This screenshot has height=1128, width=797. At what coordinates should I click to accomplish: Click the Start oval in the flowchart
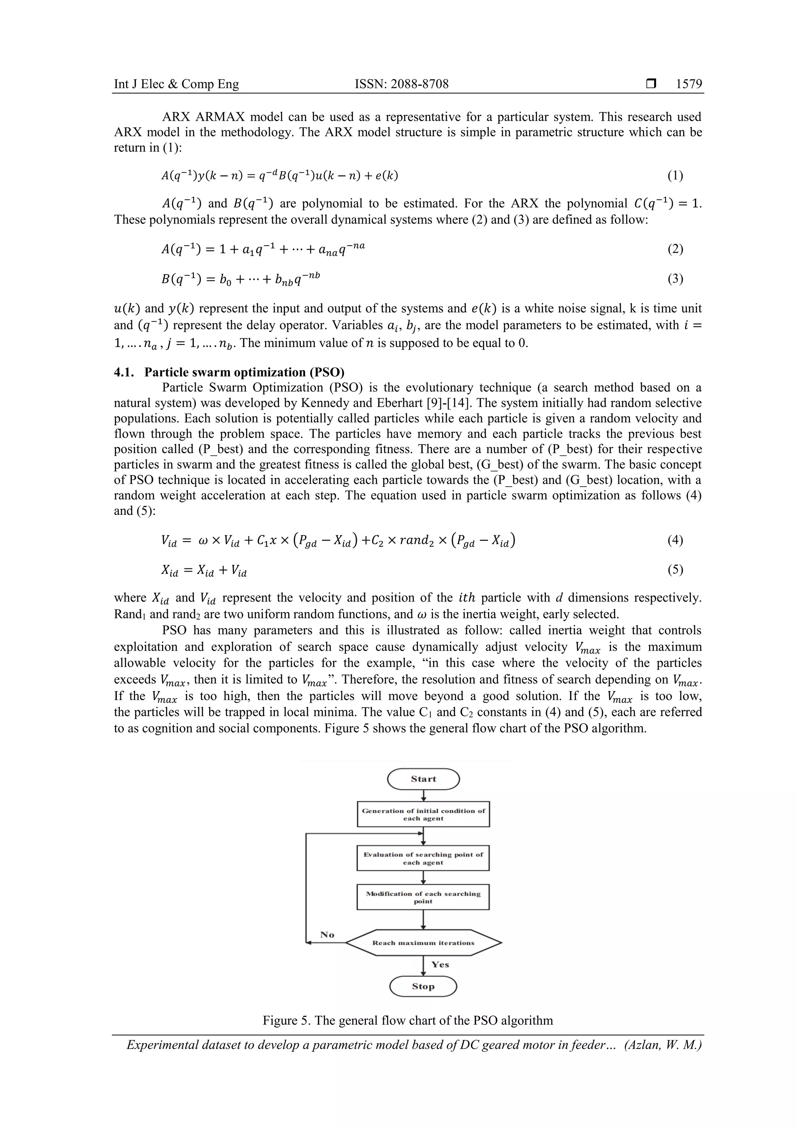point(423,779)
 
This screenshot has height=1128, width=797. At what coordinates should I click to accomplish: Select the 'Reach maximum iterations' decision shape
point(423,942)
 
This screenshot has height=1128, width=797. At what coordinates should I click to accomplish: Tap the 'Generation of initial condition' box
point(423,814)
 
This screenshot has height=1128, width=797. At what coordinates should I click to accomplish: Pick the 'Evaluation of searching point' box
point(423,858)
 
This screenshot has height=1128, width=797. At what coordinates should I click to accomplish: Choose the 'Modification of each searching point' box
point(423,897)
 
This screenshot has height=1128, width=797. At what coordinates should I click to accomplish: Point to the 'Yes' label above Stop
point(440,964)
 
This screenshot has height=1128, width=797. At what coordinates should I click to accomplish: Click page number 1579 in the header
point(688,84)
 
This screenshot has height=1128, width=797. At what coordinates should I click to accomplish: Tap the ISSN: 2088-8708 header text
point(401,84)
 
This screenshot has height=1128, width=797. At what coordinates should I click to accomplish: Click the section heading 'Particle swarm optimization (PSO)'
point(244,372)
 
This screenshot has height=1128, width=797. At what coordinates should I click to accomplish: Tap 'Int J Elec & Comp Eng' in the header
point(176,84)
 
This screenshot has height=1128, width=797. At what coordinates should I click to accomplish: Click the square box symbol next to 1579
point(651,84)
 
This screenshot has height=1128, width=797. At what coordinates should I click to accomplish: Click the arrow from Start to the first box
point(423,795)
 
